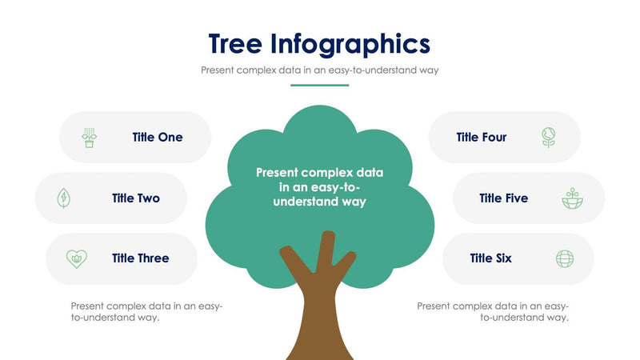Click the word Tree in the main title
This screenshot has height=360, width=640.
(x=234, y=42)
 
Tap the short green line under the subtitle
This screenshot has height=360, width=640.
(x=319, y=85)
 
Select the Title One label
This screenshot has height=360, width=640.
(x=158, y=138)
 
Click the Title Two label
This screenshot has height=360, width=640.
(x=136, y=198)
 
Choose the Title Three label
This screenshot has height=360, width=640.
(x=141, y=258)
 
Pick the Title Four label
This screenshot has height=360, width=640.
(x=482, y=138)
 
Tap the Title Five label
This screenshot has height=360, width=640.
(x=504, y=198)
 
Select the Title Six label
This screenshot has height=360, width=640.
(x=491, y=258)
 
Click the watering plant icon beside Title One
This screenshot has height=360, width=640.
(x=89, y=138)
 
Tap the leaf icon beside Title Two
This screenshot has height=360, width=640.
(x=63, y=198)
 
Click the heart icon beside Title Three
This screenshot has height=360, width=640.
(x=76, y=258)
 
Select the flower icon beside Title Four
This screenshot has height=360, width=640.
(x=548, y=138)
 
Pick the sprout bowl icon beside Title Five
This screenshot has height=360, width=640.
(x=572, y=198)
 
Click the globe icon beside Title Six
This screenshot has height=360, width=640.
(x=565, y=258)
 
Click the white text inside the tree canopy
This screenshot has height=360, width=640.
(x=320, y=187)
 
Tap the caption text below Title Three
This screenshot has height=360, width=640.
(x=146, y=312)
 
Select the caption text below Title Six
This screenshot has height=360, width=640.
(x=493, y=312)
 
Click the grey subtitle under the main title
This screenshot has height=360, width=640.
(x=319, y=70)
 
